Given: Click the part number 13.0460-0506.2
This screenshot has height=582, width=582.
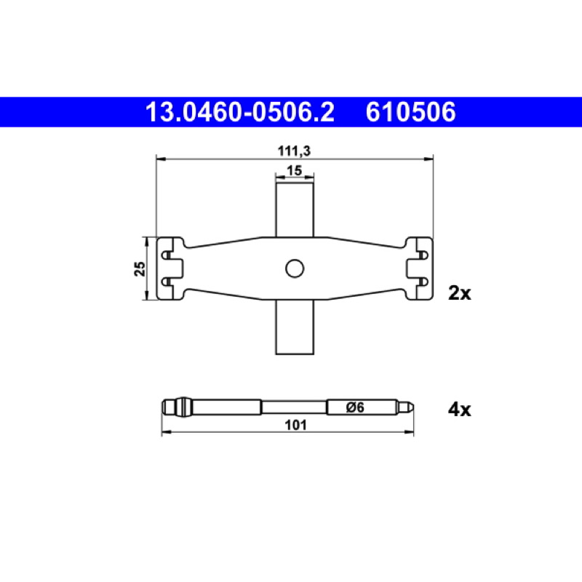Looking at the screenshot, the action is point(240,112).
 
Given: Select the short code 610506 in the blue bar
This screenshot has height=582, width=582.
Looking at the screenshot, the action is point(410,112).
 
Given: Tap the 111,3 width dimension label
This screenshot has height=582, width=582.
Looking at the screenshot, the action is point(294,151).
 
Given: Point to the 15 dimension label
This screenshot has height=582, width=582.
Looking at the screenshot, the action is point(295,170).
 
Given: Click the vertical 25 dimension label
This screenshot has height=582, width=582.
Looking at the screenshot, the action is point(140,268).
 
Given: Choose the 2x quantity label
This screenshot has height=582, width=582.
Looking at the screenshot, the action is point(460,293).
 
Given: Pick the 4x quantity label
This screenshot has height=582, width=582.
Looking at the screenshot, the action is point(460,410).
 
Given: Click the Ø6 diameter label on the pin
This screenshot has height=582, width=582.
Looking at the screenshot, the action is point(355,407).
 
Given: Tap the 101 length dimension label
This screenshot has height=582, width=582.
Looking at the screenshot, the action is point(295,425).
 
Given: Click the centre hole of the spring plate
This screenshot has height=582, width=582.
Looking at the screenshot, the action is point(295,268).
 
